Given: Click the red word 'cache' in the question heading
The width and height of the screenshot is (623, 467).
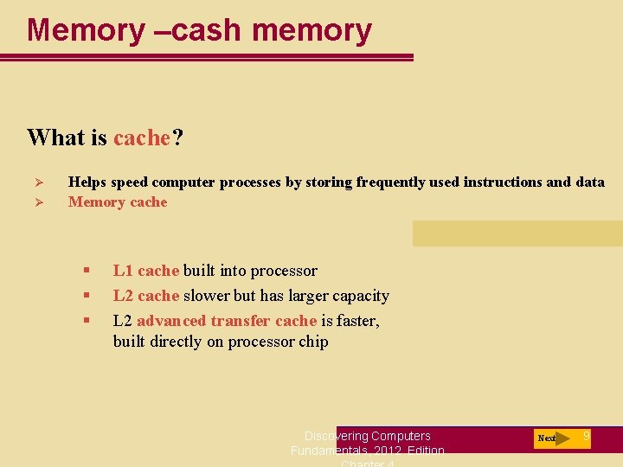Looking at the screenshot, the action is tap(142, 138).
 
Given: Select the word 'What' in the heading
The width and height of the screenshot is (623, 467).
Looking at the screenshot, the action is tap(55, 138).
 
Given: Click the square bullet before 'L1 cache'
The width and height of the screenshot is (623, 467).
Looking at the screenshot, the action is tap(87, 271).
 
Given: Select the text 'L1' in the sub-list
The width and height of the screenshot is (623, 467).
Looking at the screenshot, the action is tap(123, 271).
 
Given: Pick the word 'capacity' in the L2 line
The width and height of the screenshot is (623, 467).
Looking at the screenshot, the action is tap(360, 296).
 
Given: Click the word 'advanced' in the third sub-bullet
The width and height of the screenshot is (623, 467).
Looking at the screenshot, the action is tap(171, 321).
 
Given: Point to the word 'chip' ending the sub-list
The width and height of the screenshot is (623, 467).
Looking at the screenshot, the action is tap(314, 342).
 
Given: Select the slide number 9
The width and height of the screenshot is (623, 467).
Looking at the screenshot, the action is tap(587, 436).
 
